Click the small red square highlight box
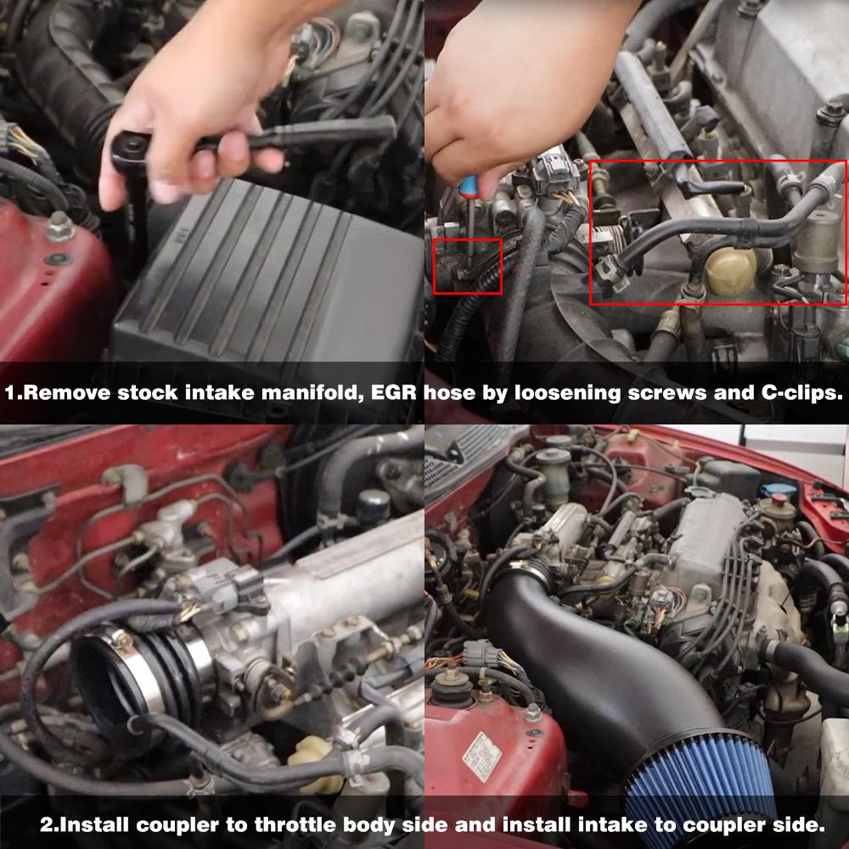467,267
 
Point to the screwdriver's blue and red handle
459,184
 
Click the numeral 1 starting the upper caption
9,394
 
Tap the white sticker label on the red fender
481,756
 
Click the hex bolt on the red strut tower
59,227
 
